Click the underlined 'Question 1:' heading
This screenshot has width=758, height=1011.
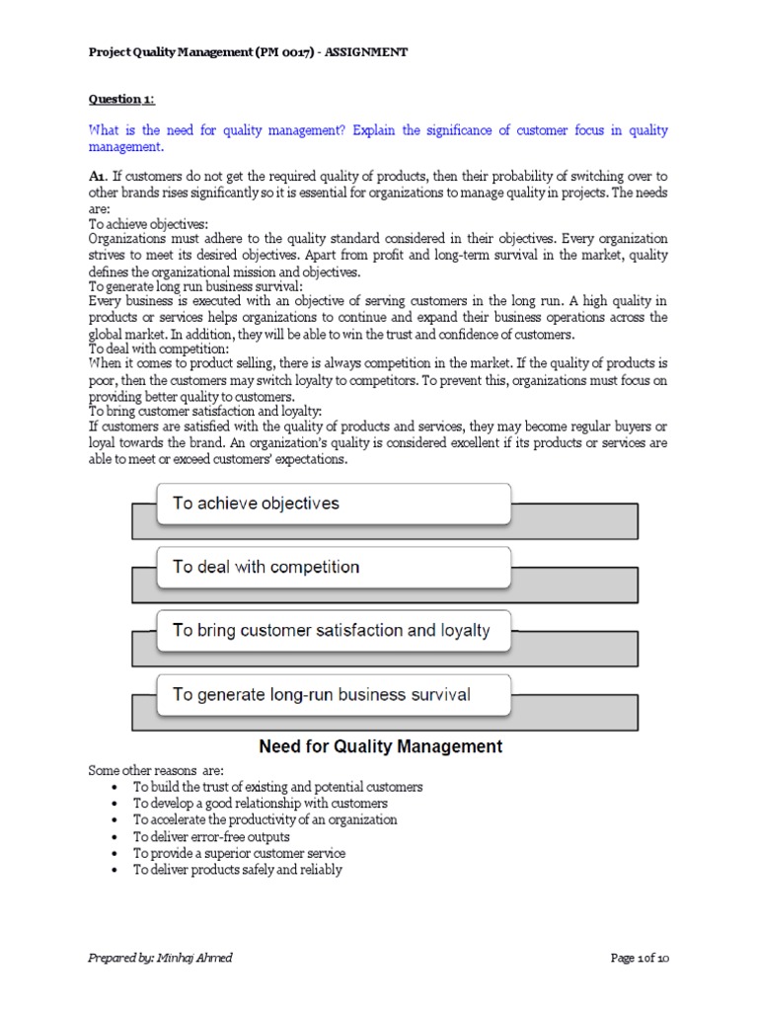[122, 99]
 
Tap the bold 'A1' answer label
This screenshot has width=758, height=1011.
[97, 175]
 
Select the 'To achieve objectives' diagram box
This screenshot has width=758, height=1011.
[334, 504]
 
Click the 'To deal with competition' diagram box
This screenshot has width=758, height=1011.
[334, 567]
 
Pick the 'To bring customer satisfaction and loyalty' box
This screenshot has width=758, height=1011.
[334, 630]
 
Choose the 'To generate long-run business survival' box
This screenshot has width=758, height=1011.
[334, 694]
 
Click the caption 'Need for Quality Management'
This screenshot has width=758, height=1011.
[380, 746]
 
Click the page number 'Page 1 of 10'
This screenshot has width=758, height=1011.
[640, 957]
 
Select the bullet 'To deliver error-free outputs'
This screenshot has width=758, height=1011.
[211, 836]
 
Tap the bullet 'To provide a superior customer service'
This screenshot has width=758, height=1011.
[239, 853]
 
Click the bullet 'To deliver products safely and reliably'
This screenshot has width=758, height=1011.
[238, 870]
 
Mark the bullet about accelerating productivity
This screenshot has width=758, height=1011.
[265, 819]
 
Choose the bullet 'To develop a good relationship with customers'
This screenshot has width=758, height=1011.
[261, 804]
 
